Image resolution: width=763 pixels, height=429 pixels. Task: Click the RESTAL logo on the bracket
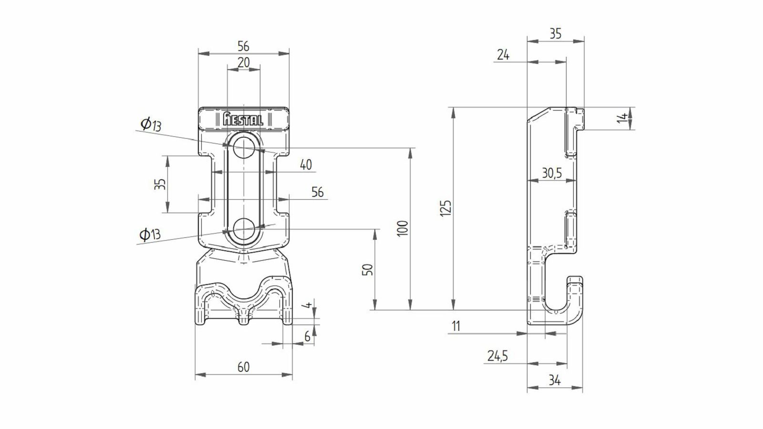243,119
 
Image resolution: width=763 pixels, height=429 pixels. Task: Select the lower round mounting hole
244,229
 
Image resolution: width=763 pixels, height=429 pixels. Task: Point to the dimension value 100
402,228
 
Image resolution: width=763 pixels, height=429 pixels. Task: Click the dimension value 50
368,270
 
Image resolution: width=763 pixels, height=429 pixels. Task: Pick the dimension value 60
244,367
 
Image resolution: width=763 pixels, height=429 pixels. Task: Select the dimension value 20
244,62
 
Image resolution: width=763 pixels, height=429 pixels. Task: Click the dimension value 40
306,165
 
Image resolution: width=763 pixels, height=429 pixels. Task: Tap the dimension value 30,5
552,174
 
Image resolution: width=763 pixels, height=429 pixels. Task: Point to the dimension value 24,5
498,356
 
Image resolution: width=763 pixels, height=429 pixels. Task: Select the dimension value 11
456,326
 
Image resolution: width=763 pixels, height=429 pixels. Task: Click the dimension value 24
503,54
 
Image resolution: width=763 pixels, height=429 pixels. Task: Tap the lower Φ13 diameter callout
150,234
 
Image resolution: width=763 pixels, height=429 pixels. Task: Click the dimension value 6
307,337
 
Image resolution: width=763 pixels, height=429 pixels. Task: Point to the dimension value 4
308,305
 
